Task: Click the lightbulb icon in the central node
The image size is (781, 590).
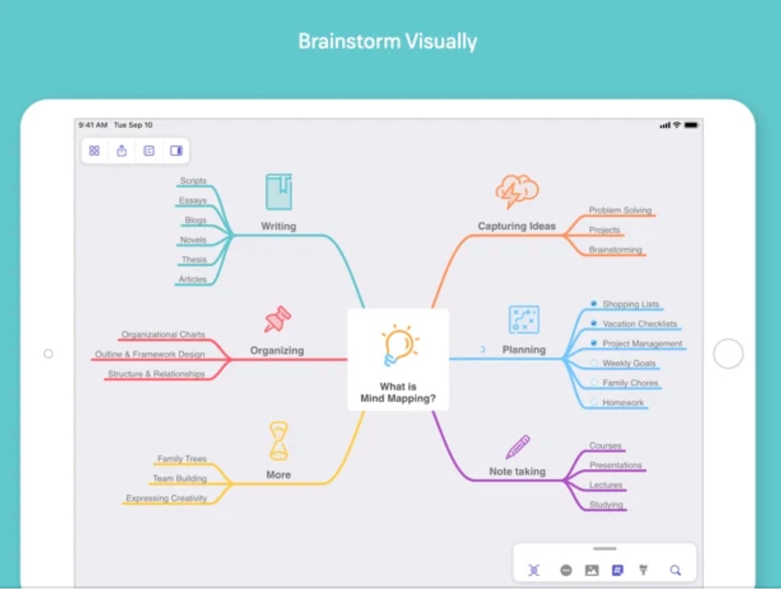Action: pyautogui.click(x=399, y=346)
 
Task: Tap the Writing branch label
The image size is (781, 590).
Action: pyautogui.click(x=278, y=226)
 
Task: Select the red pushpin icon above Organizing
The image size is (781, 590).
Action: pyautogui.click(x=277, y=319)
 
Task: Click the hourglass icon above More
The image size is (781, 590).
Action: pyautogui.click(x=279, y=441)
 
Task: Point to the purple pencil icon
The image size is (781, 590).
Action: pyautogui.click(x=517, y=446)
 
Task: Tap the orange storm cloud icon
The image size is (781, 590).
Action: pyautogui.click(x=517, y=192)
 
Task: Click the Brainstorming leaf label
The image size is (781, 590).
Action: pyautogui.click(x=615, y=249)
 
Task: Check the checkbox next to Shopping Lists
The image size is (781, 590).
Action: pyautogui.click(x=593, y=304)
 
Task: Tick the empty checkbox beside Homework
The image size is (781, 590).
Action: pyautogui.click(x=593, y=402)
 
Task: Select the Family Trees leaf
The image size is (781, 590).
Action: pyautogui.click(x=182, y=459)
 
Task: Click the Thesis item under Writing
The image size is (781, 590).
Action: pyautogui.click(x=194, y=259)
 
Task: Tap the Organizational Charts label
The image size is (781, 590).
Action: pyautogui.click(x=163, y=335)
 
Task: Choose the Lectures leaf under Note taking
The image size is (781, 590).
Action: pyautogui.click(x=606, y=485)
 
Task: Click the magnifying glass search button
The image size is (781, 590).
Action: pyautogui.click(x=675, y=570)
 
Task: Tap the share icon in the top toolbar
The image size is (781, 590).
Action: pyautogui.click(x=122, y=151)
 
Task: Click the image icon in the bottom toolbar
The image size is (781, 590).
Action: pyautogui.click(x=592, y=570)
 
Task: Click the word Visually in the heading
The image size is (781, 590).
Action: pyautogui.click(x=440, y=41)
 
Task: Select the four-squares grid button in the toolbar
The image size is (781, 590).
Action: pyautogui.click(x=94, y=151)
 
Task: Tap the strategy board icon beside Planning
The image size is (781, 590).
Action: pyautogui.click(x=523, y=320)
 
